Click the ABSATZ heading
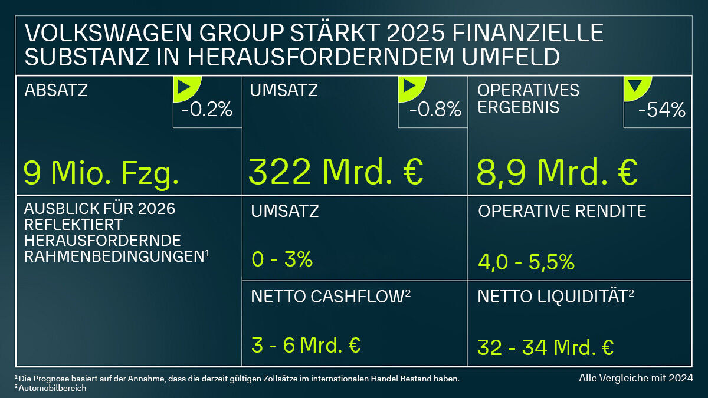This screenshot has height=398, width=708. (x=56, y=90)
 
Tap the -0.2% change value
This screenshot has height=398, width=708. (x=207, y=110)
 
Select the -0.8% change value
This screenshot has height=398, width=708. (x=434, y=110)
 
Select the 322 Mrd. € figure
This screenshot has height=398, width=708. (x=336, y=172)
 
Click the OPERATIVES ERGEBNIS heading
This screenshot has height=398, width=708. (x=529, y=99)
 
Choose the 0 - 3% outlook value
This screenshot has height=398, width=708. (x=281, y=259)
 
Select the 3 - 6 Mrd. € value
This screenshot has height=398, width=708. (x=306, y=346)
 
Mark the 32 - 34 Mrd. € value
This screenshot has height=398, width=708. (x=545, y=347)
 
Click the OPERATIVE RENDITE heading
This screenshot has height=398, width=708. (x=562, y=211)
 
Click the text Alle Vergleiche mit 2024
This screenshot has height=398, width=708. (x=635, y=377)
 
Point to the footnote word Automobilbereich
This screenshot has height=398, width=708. (x=53, y=389)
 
